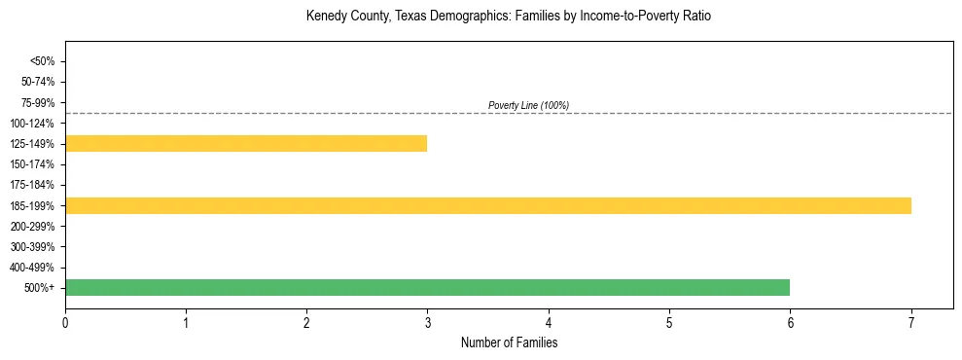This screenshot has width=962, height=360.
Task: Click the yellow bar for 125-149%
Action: (x=246, y=144)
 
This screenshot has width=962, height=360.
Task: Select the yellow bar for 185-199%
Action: (x=488, y=205)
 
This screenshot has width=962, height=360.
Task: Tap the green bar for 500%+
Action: (x=427, y=287)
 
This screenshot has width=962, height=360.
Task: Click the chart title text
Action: (x=509, y=17)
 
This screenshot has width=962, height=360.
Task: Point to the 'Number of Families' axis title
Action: (x=509, y=342)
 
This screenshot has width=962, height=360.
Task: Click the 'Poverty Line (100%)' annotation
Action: (x=528, y=105)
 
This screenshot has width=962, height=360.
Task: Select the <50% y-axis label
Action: (x=42, y=61)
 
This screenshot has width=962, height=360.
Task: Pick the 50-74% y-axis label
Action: (x=38, y=82)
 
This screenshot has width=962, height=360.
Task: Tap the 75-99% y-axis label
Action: (x=38, y=102)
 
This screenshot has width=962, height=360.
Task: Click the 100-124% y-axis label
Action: (x=35, y=124)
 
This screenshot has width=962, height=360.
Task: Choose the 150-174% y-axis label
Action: (x=35, y=164)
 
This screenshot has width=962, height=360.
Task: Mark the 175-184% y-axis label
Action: (x=35, y=185)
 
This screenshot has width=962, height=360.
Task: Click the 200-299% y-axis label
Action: (x=35, y=226)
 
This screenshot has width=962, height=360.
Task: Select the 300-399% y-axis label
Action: (x=35, y=246)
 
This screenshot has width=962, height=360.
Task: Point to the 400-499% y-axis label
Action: (x=35, y=268)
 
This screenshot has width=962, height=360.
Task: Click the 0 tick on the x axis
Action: (x=65, y=322)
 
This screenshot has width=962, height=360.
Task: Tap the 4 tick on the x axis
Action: (x=549, y=322)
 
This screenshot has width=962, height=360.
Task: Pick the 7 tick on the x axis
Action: (x=911, y=322)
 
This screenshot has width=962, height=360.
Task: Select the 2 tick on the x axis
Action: (x=306, y=322)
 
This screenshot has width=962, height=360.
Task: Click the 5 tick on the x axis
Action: (x=669, y=322)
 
